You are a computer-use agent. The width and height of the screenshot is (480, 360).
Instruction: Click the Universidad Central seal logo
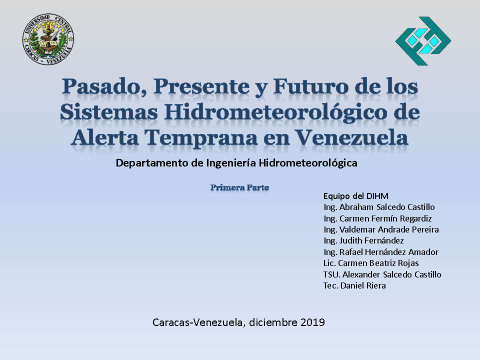coord(48,39)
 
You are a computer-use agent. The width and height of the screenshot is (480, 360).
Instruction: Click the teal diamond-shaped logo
coord(423,40)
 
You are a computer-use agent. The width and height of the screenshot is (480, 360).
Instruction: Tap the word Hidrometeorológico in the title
coord(276,112)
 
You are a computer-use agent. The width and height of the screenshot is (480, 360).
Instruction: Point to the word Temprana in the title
coord(201,138)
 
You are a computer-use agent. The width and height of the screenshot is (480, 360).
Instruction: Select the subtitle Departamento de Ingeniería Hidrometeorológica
coord(236,163)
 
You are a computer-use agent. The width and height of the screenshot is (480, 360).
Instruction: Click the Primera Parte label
coord(239,187)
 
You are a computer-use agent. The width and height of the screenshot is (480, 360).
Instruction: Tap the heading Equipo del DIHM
coord(355,196)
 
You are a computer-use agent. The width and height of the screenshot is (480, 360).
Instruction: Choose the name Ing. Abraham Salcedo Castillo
coord(379,207)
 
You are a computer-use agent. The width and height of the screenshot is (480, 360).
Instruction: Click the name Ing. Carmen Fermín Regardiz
coord(378,218)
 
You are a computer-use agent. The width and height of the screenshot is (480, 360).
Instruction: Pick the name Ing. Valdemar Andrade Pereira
coord(381,229)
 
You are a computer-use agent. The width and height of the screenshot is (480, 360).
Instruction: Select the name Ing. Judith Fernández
coord(363,240)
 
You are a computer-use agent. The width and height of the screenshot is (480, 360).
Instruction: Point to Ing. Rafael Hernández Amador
coord(381,252)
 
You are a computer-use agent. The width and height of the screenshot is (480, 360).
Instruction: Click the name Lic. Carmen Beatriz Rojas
coord(371,263)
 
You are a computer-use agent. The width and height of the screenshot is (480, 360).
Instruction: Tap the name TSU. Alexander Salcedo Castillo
coord(382,274)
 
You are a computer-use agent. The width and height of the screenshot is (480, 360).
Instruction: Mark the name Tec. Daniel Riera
coord(354,285)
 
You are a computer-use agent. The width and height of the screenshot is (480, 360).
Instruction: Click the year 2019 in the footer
coord(312,322)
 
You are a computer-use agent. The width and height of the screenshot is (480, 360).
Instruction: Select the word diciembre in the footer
coord(273,322)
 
